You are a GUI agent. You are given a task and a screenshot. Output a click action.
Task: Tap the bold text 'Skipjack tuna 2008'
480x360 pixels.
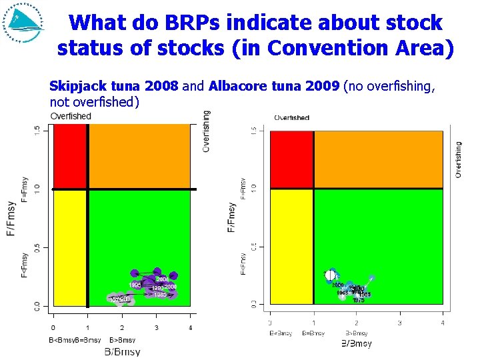coord(114,86)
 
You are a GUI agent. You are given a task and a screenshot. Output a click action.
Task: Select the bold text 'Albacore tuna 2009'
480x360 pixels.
coord(274,86)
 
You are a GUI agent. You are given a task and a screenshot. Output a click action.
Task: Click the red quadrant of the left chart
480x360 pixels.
coord(69,157)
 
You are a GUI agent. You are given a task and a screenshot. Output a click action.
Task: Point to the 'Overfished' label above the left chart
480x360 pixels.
coord(71,117)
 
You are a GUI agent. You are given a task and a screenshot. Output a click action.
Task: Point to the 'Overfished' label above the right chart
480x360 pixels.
coord(292,118)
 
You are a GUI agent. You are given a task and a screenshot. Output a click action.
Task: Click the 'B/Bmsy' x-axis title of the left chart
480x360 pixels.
coord(121,352)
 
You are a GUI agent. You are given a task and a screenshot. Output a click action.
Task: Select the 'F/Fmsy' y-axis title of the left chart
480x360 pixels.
coord(11,218)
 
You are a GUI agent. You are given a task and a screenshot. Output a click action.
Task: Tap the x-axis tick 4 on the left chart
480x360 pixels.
coord(191,327)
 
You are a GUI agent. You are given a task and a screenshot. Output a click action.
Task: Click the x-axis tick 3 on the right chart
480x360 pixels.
coord(399,323)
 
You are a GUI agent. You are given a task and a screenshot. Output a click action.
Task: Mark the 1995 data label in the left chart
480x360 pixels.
coord(135,285)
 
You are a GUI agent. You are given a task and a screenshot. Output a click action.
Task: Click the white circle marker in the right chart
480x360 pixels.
coord(330,275)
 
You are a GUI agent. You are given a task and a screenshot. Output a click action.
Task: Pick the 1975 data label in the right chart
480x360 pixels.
coord(359,301)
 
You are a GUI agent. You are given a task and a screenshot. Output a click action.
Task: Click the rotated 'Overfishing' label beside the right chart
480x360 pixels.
coord(458,159)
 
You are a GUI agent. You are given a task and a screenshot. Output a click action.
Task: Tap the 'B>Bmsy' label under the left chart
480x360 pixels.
coord(121,340)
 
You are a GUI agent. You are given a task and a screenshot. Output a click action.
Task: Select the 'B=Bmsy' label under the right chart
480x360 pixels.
coord(313,333)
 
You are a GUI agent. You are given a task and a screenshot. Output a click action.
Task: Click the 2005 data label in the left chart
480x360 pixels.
coord(162,279)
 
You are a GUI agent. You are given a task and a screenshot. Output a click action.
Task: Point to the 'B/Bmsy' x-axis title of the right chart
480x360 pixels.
coord(357,344)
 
